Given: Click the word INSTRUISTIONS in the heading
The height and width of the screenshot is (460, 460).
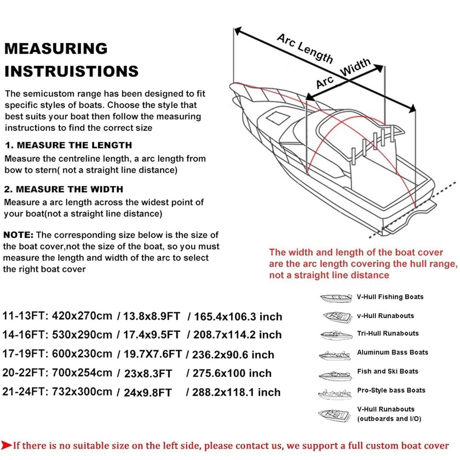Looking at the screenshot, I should (x=71, y=71).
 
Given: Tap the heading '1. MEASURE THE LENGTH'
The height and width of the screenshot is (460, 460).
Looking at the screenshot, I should (x=69, y=145).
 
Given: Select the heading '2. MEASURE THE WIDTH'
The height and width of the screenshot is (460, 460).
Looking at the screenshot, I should (x=64, y=189).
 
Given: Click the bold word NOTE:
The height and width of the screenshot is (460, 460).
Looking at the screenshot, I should (x=18, y=235).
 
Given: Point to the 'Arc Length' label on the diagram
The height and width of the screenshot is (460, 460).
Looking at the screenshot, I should (x=305, y=48).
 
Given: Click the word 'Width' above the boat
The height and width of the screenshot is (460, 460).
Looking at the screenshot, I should (x=355, y=67).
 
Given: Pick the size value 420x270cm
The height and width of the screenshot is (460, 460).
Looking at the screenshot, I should (x=82, y=316).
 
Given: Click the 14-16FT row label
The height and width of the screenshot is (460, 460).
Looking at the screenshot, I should (x=25, y=335).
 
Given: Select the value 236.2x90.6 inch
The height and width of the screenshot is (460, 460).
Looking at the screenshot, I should (x=233, y=355).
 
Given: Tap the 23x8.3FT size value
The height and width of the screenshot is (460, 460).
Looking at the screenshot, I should (x=148, y=373).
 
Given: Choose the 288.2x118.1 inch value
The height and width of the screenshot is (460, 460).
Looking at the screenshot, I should (x=236, y=392).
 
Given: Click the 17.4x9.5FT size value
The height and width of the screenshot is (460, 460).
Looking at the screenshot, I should (x=151, y=335).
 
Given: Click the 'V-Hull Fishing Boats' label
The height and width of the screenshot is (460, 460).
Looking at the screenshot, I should (x=390, y=297).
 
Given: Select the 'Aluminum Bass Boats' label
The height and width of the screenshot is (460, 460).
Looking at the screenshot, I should (x=393, y=352).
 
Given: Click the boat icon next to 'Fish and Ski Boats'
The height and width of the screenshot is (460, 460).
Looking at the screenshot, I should (x=335, y=375).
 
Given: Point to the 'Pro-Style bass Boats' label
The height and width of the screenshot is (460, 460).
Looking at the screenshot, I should (x=391, y=390).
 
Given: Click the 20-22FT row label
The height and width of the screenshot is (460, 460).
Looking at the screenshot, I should (x=25, y=373).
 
